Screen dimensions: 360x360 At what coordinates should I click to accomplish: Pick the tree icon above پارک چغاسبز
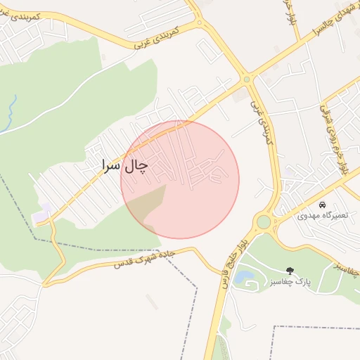(289, 270)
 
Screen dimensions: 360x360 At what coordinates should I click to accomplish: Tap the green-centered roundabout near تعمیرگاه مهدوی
(263, 222)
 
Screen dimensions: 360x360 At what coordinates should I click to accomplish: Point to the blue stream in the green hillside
(11, 112)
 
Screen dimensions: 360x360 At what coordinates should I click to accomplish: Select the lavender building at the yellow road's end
(41, 213)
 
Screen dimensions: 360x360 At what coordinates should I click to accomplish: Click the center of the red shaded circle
(180, 180)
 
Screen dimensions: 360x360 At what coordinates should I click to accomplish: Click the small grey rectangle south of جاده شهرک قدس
(152, 302)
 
